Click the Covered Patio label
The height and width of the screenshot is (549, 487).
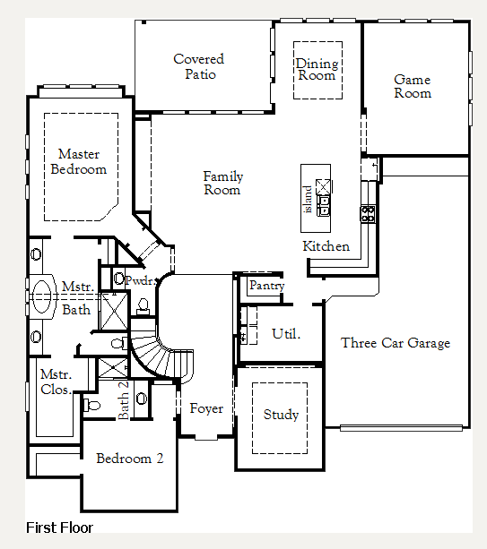pos(199,66)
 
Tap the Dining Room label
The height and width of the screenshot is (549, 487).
pos(317,69)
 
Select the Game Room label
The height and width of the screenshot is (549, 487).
pos(413,87)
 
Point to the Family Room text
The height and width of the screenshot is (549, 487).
pos(223,183)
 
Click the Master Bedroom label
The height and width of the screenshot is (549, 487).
pos(79,161)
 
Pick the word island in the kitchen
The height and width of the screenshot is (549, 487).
pos(308,199)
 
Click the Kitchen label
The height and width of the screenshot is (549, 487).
pos(326,246)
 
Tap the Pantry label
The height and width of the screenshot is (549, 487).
pos(266,286)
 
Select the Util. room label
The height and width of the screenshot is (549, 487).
pos(286,334)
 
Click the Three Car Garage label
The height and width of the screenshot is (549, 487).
pos(396,343)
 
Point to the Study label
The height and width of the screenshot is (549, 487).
pos(281,415)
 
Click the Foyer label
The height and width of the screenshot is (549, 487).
pos(206,408)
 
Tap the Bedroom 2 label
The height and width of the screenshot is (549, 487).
pos(130,459)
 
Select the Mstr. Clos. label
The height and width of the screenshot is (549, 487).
pos(57,382)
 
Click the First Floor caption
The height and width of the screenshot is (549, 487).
pos(59,528)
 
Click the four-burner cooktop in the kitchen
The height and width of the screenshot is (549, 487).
pos(368,214)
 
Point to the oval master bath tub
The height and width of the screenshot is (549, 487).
pos(42,296)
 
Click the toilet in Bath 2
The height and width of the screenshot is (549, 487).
pos(91,406)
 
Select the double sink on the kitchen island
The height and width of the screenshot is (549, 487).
pos(323,206)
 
